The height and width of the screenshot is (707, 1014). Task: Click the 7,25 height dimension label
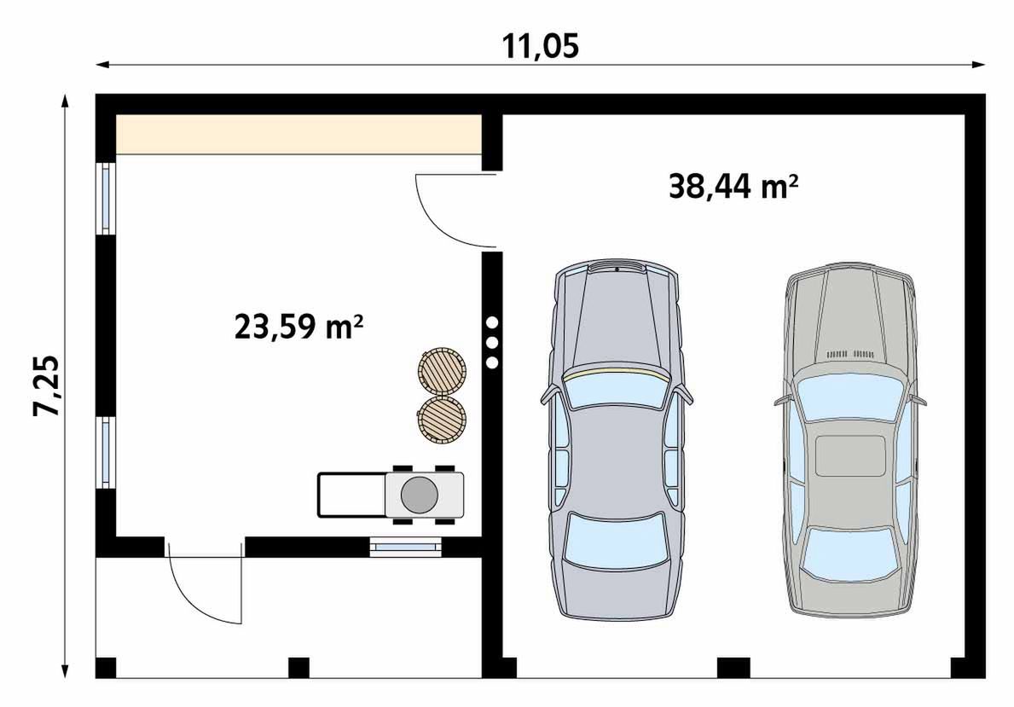coord(48,385)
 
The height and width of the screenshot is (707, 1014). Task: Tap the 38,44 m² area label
coord(733,186)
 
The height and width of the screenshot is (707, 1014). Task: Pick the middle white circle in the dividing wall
coord(492,343)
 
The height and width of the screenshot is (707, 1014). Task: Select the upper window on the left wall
coord(106,198)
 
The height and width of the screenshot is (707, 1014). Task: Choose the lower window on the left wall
coord(106,452)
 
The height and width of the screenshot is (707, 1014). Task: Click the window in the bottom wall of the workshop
coord(407,547)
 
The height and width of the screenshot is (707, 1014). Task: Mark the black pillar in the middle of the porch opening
coord(298,667)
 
